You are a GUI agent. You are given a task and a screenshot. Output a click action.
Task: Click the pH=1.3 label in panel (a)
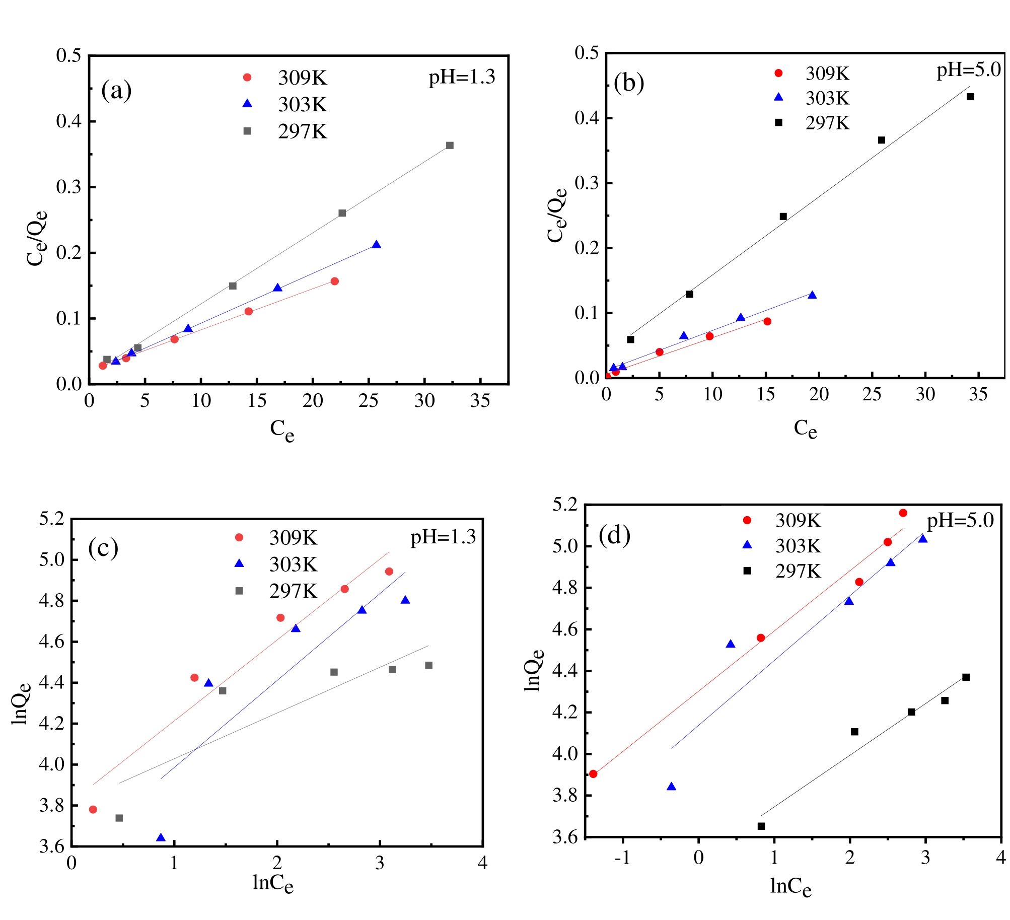coord(462,77)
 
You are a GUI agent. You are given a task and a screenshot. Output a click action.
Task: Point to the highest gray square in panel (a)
coord(450,146)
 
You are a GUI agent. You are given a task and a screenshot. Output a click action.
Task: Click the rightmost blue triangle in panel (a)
coord(376,245)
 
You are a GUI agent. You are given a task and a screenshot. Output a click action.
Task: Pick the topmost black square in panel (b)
coord(970,97)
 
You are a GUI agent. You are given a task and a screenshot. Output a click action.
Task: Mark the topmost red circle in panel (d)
coord(903,513)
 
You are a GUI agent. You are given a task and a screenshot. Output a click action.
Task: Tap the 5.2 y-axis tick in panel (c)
coord(52,519)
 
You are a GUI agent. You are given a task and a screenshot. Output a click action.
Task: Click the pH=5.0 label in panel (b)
coord(968,69)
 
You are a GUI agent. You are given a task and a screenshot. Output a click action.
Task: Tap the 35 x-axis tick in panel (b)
coord(978,394)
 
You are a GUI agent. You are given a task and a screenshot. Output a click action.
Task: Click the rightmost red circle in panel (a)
coord(334,281)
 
